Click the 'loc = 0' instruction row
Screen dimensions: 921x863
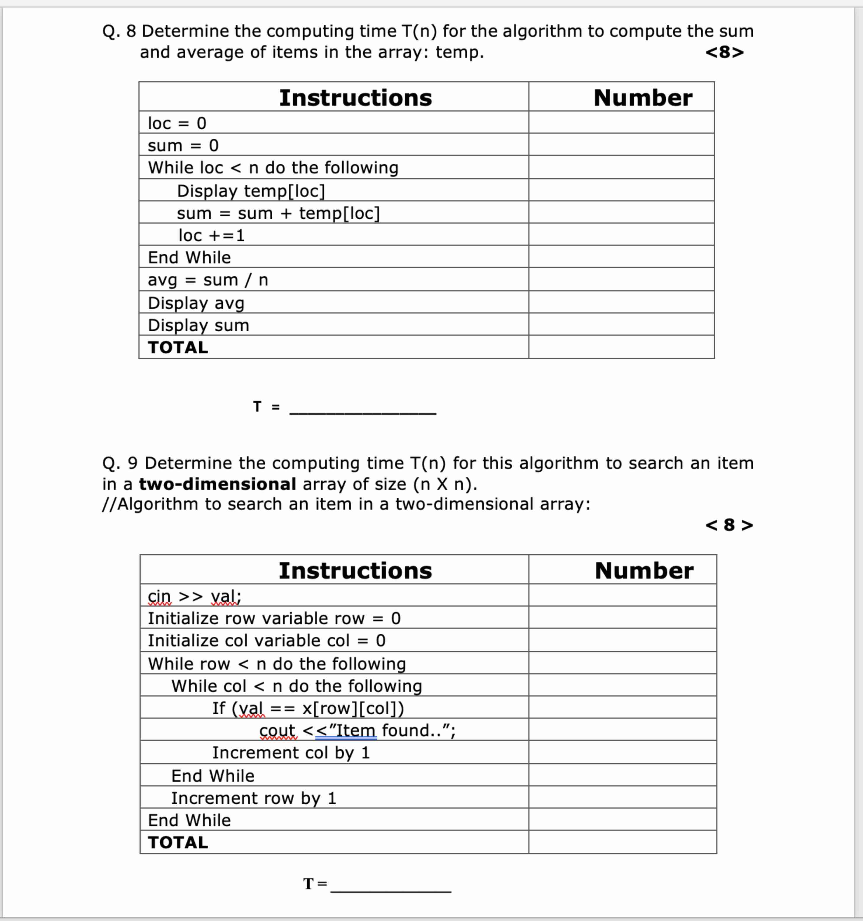pyautogui.click(x=177, y=123)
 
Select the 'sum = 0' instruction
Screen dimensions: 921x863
pyautogui.click(x=183, y=145)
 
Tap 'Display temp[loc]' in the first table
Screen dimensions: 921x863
pyautogui.click(x=251, y=190)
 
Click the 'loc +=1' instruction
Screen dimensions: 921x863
pyautogui.click(x=211, y=235)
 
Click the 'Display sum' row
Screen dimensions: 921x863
pyautogui.click(x=198, y=325)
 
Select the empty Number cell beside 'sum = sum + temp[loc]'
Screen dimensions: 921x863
pyautogui.click(x=621, y=213)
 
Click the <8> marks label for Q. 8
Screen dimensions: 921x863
pyautogui.click(x=724, y=52)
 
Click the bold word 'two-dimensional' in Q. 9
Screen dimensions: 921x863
pyautogui.click(x=217, y=484)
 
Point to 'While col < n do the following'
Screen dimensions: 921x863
pyautogui.click(x=297, y=686)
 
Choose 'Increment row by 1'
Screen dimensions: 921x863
pyautogui.click(x=253, y=798)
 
